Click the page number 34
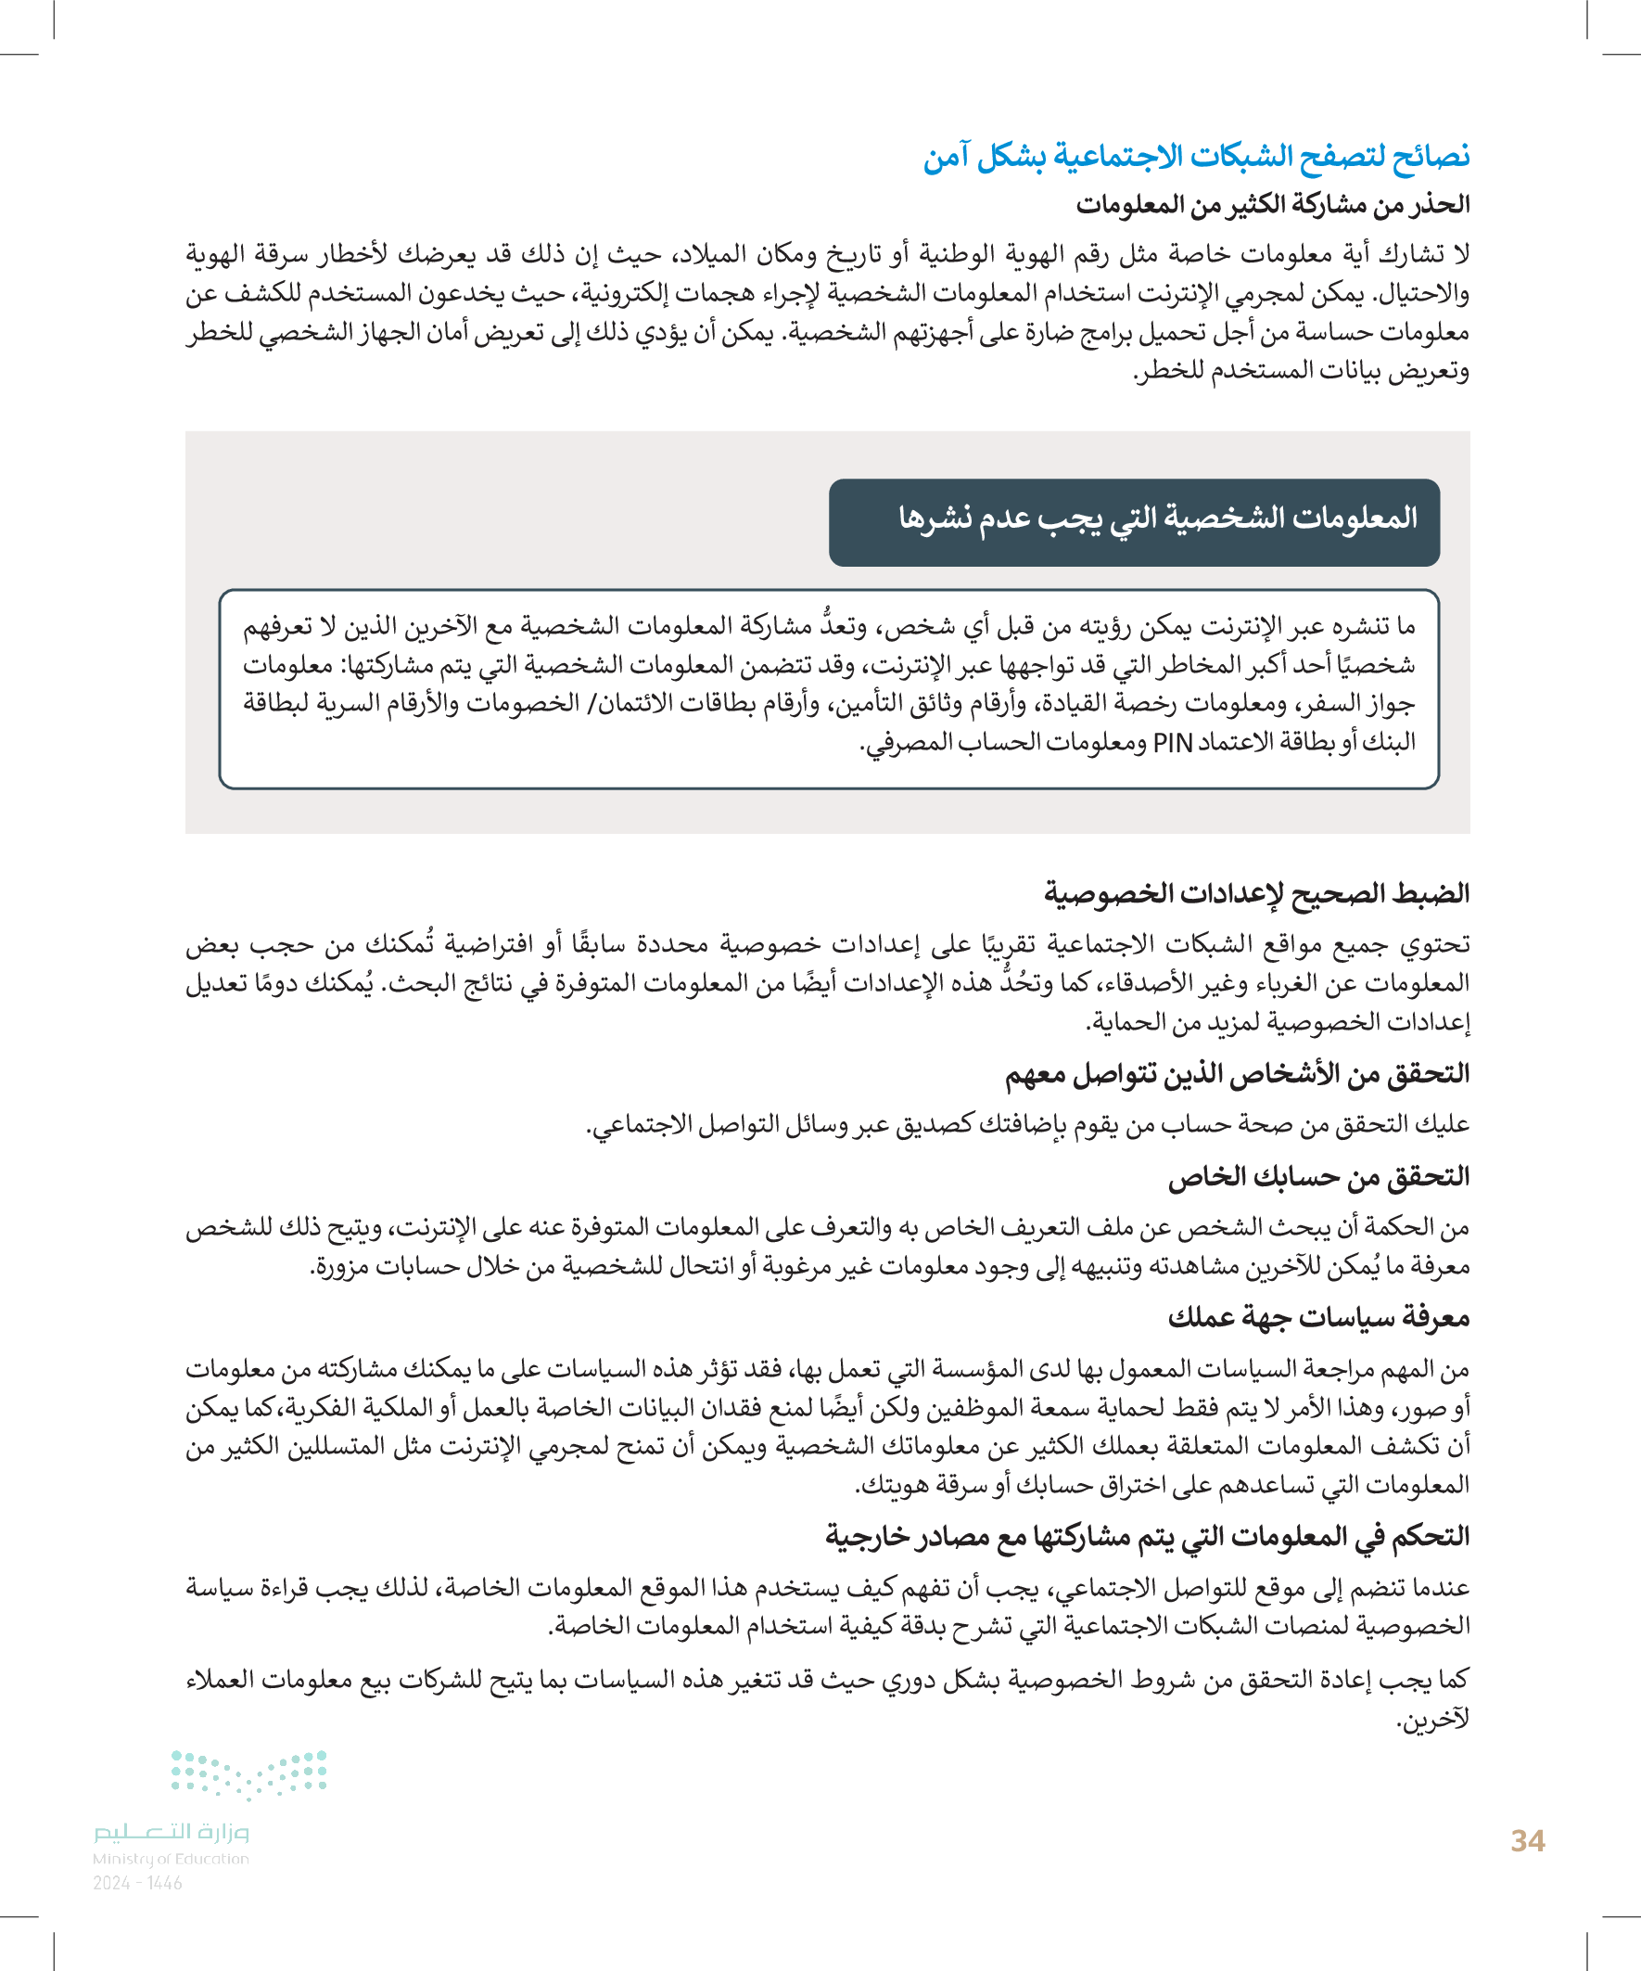click(1528, 1840)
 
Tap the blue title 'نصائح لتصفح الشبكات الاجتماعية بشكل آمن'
click(1196, 156)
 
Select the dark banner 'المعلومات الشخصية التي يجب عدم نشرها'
click(1134, 522)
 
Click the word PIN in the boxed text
click(1172, 743)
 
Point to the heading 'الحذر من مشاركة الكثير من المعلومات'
click(1272, 205)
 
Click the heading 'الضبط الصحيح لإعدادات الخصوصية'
click(1256, 892)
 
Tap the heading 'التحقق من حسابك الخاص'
click(1318, 1177)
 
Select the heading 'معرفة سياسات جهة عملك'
click(1318, 1319)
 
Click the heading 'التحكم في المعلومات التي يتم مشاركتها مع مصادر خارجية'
click(1147, 1536)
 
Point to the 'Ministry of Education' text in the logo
click(171, 1859)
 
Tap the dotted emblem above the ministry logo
click(248, 1773)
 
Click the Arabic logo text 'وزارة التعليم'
click(171, 1831)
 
